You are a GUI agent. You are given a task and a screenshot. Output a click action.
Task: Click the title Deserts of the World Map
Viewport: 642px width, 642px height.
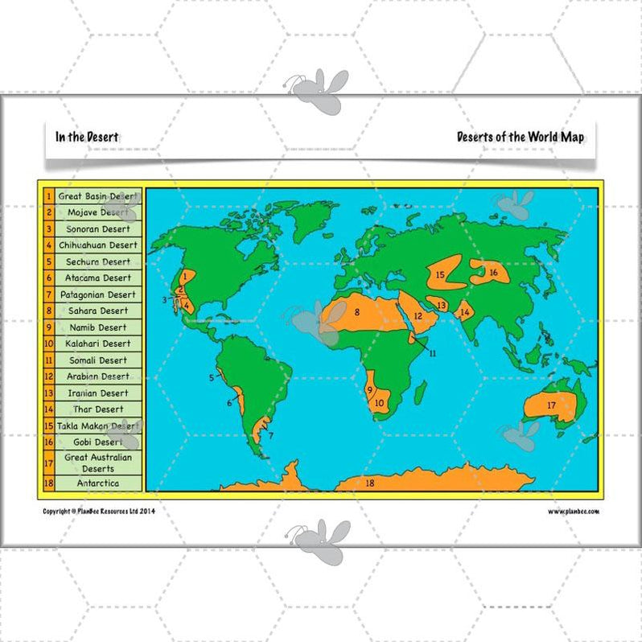click(x=521, y=137)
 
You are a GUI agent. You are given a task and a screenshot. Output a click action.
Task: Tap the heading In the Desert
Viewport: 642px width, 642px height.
click(x=87, y=137)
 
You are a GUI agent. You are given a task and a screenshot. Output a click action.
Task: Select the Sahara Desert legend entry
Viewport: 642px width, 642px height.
click(x=98, y=311)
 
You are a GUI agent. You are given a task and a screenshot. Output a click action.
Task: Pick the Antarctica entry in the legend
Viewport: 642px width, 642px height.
click(x=98, y=484)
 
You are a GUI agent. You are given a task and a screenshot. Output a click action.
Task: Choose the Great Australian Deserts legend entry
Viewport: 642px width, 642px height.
click(x=98, y=463)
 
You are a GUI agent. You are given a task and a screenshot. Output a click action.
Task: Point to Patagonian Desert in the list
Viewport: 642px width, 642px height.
click(x=98, y=294)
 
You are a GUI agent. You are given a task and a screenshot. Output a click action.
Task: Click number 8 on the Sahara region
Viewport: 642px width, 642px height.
click(x=356, y=311)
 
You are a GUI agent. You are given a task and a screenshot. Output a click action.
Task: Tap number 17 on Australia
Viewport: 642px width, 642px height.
click(x=552, y=405)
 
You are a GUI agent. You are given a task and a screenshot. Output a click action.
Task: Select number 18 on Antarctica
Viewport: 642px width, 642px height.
click(x=370, y=483)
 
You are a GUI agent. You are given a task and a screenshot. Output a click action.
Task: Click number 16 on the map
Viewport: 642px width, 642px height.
click(x=493, y=273)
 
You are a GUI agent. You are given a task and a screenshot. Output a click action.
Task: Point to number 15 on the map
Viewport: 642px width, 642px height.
click(x=440, y=275)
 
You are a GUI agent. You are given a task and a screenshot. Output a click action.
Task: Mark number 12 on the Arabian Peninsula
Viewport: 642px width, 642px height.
click(x=418, y=316)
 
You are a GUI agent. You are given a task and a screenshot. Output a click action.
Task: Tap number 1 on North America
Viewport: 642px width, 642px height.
click(x=184, y=275)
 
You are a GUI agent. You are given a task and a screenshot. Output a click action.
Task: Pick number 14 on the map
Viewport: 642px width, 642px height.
click(x=465, y=312)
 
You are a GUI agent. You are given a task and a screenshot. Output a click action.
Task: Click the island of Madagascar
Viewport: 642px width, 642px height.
click(x=420, y=393)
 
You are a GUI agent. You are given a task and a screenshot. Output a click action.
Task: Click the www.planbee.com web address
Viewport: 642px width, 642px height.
click(x=574, y=511)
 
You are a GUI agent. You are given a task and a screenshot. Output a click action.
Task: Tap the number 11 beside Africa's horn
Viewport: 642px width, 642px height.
click(x=432, y=353)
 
